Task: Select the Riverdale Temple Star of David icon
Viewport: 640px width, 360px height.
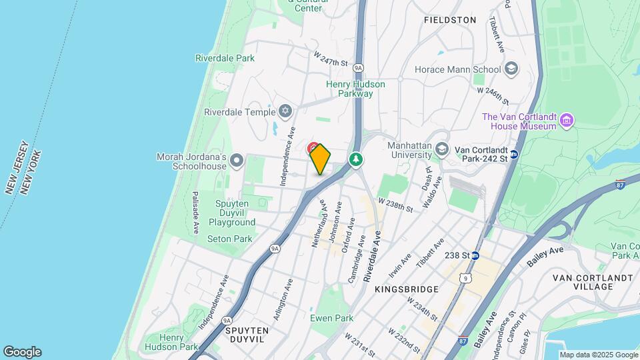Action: tap(286, 111)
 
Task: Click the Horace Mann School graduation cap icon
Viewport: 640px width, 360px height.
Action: tap(511, 69)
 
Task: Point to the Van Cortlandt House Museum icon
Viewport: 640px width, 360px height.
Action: tap(567, 120)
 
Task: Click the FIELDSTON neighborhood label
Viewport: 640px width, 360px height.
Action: tap(450, 20)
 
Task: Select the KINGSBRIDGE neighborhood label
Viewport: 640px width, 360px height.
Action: tap(407, 289)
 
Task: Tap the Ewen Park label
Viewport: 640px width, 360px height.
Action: tap(331, 318)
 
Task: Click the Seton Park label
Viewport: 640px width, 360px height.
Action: tap(230, 239)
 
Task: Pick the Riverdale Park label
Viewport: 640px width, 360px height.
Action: tap(225, 58)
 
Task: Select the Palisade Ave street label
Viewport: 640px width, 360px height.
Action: tap(195, 212)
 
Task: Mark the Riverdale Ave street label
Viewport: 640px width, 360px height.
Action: tap(373, 257)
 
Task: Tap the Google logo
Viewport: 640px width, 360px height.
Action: tap(22, 351)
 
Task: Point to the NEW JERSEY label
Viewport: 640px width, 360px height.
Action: tap(16, 167)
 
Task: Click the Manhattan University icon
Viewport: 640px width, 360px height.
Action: tap(441, 148)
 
